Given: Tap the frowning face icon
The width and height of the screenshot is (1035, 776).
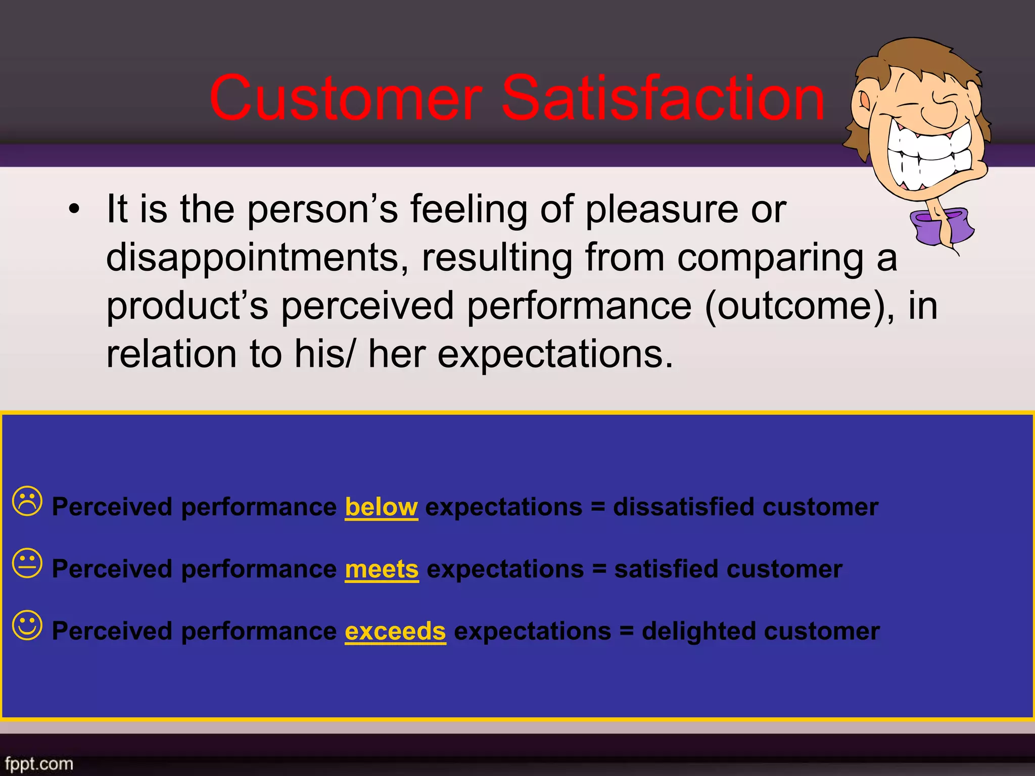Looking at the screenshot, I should [27, 501].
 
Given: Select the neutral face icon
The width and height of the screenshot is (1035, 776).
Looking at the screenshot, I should [27, 563].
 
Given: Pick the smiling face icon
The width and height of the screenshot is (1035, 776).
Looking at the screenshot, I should [27, 625].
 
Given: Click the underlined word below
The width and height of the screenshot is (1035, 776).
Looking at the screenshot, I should [381, 507].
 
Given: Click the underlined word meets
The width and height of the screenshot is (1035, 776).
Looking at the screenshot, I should [382, 569].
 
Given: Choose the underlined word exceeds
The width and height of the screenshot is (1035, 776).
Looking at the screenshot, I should [395, 631].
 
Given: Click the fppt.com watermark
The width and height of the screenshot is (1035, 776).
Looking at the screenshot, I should [39, 763].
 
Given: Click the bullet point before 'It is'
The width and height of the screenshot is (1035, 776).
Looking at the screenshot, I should [74, 209].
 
